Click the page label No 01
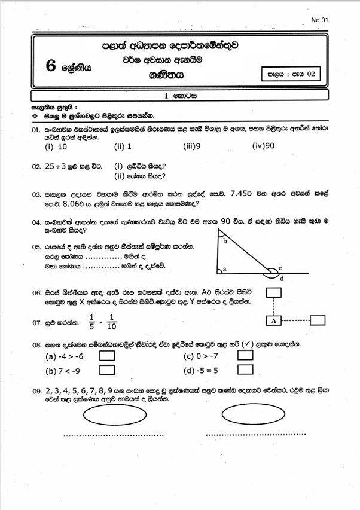[321, 20]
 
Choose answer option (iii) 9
[192, 146]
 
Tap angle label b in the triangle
[225, 241]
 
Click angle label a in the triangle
[224, 270]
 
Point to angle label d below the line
[282, 279]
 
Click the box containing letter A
[273, 320]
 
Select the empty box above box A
[273, 292]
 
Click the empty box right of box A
[318, 320]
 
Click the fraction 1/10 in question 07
[112, 323]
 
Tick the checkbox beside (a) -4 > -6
[107, 356]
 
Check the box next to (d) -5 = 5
[245, 370]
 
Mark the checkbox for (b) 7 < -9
[107, 370]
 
